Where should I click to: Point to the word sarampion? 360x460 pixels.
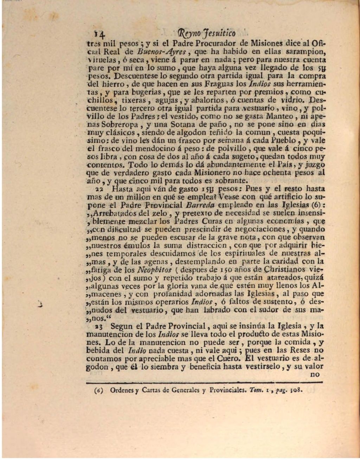306,52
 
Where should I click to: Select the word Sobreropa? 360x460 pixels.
124,124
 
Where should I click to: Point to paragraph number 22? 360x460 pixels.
90,189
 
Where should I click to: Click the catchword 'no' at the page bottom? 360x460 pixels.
315,375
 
